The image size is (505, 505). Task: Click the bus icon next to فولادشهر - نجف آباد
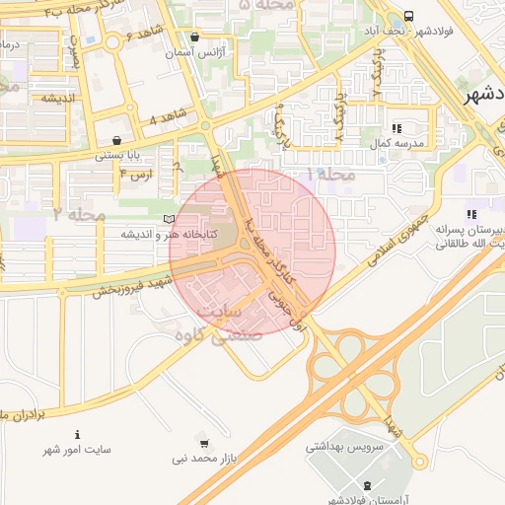click(408, 18)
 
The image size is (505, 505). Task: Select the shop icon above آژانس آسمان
click(194, 37)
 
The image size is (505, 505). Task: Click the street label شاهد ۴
click(166, 117)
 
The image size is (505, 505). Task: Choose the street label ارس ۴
click(136, 174)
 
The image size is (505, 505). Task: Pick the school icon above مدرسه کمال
click(397, 128)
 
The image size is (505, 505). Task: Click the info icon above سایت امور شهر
click(77, 435)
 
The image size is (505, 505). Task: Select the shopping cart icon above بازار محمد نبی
click(204, 444)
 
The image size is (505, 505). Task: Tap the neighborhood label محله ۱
click(329, 174)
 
